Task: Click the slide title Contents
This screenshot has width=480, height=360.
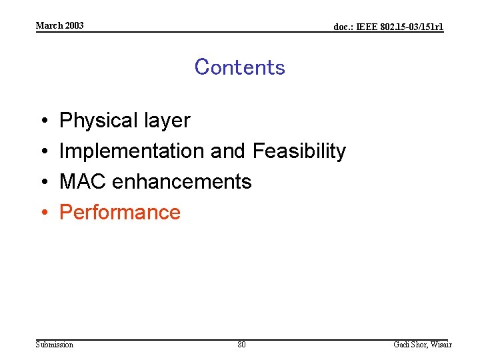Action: (239, 67)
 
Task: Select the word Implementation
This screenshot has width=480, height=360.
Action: (132, 151)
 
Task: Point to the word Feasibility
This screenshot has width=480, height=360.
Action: (299, 151)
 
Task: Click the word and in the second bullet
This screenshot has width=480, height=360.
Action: (228, 151)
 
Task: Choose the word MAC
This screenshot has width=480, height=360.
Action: (83, 181)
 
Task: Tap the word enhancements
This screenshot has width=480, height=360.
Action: (181, 181)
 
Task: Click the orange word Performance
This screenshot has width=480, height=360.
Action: (120, 212)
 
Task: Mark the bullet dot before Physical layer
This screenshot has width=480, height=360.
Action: (42, 121)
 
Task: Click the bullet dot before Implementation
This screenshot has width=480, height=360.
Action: (42, 152)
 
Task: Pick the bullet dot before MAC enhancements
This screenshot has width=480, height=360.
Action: (42, 182)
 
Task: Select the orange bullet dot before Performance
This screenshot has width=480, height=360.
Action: (42, 213)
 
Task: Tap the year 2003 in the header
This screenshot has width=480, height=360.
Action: (75, 25)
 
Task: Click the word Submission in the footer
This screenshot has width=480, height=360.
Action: (55, 345)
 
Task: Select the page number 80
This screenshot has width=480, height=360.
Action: (241, 345)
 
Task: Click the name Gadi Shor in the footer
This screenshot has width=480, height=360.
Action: (409, 345)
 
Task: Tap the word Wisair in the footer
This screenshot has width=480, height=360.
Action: (441, 345)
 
